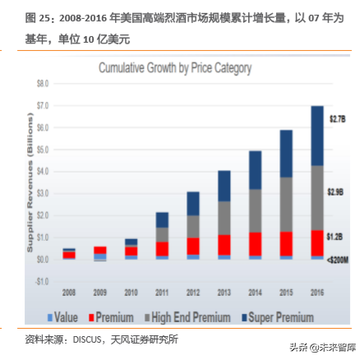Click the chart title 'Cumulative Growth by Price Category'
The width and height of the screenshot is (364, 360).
[175, 68]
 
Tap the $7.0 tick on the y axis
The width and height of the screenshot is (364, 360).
[43, 106]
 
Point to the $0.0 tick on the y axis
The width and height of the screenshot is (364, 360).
[43, 259]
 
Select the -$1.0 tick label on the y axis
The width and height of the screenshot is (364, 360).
[42, 281]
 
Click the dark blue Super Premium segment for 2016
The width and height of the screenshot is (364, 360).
[317, 136]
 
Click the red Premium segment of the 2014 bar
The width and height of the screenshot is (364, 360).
[255, 244]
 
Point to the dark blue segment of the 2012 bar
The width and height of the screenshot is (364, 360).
[193, 204]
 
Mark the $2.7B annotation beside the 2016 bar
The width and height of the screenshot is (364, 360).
[338, 119]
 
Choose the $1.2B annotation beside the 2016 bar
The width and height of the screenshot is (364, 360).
[338, 237]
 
